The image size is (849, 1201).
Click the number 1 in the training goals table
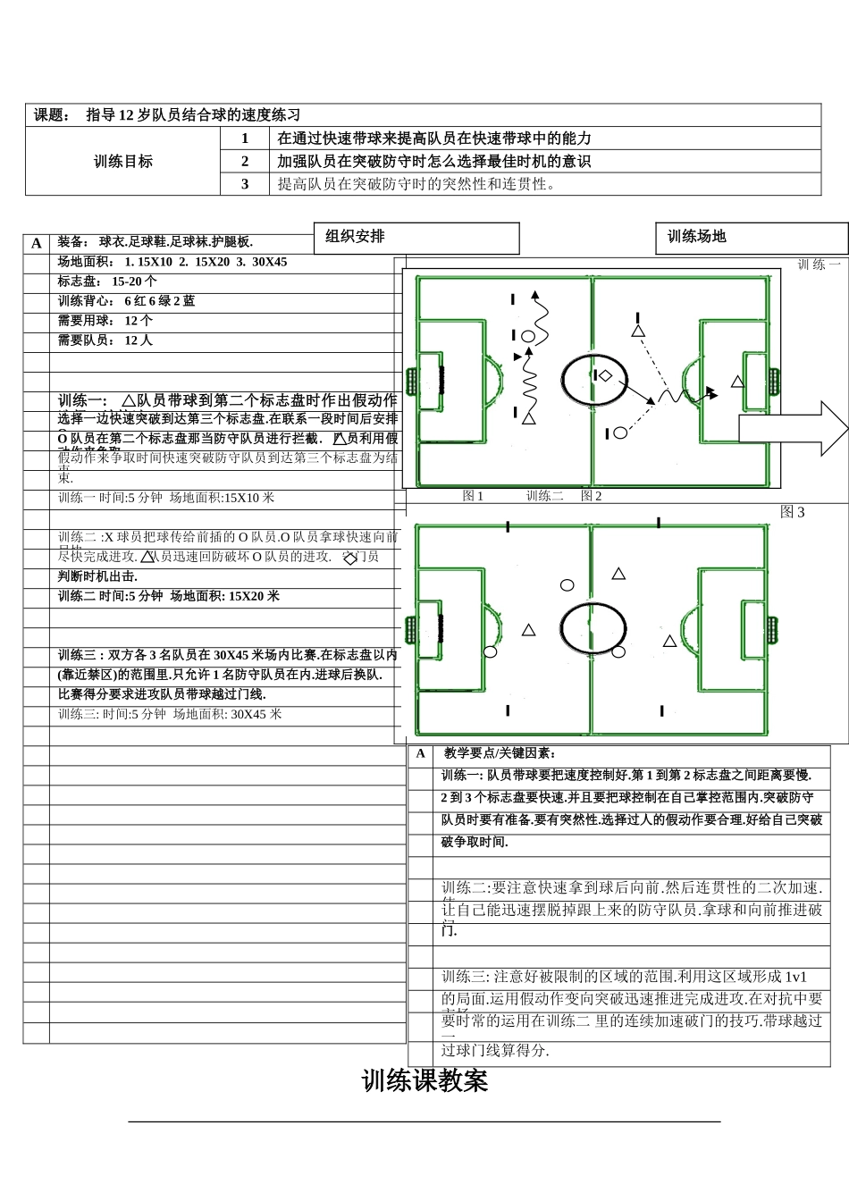(x=245, y=139)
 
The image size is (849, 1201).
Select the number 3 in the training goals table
(x=245, y=184)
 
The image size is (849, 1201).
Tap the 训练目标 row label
(x=123, y=162)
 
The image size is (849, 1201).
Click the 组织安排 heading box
(x=416, y=238)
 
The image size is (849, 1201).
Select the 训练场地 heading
(x=751, y=238)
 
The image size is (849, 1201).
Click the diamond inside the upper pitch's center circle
(x=605, y=375)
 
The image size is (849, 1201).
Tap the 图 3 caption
(x=792, y=512)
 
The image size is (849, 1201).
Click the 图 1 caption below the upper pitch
(x=473, y=496)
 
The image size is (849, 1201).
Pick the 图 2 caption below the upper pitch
(x=591, y=496)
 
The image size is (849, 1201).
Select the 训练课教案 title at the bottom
(x=424, y=1081)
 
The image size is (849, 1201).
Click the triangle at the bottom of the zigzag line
(x=529, y=418)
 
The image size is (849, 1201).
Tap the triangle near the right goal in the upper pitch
(x=737, y=382)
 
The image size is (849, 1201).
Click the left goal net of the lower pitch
(x=411, y=630)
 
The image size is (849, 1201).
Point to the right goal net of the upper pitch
(x=773, y=382)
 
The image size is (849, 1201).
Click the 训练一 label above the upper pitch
(x=819, y=265)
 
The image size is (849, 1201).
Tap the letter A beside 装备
(x=37, y=243)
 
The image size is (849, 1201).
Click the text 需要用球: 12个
(x=105, y=321)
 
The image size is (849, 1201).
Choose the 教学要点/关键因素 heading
(x=500, y=754)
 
